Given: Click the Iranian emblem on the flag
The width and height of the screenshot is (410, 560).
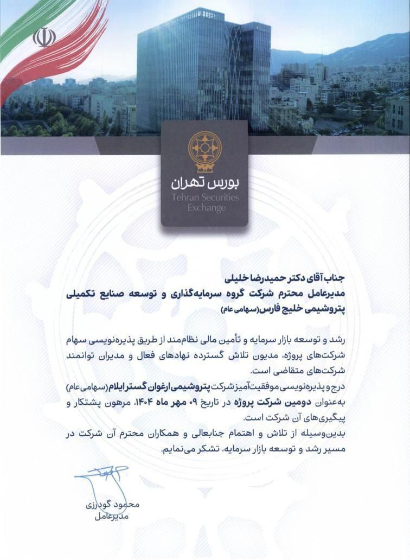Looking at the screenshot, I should pos(44,37).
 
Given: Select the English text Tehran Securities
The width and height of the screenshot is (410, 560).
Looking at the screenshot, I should pos(204,198).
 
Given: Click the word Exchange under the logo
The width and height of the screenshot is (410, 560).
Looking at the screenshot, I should pos(204,208).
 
